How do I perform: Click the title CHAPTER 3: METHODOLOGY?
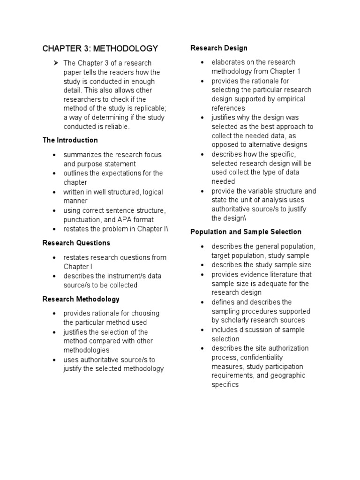pos(100,48)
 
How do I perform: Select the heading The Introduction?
pos(70,140)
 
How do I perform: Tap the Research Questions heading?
pos(76,243)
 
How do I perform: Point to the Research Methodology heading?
pos(81,299)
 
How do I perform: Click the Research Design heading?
pos(218,48)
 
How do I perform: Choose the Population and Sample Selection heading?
pos(246,232)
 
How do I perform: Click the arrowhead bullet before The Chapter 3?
pos(55,63)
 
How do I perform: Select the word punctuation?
pos(82,219)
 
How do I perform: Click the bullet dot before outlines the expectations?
pos(55,173)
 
